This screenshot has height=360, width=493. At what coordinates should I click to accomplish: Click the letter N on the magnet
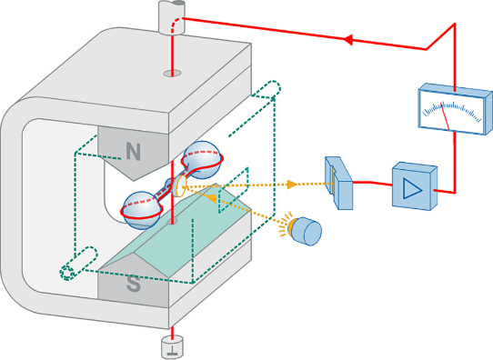[134, 151]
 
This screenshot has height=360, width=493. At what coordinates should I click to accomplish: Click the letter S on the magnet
[134, 283]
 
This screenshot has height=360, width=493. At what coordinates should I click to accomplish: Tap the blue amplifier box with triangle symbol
[415, 186]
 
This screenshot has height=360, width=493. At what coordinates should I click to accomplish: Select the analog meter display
[455, 109]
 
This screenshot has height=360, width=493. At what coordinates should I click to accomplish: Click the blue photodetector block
[338, 183]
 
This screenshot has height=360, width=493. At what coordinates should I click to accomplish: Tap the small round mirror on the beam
[180, 186]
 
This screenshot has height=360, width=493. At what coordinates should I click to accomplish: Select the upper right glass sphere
[203, 158]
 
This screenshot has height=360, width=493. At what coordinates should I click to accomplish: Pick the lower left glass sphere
[141, 210]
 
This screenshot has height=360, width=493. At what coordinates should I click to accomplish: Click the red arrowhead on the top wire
[347, 39]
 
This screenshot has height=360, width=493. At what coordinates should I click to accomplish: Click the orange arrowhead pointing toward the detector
[292, 184]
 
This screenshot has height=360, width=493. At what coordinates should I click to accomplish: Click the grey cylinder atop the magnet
[171, 17]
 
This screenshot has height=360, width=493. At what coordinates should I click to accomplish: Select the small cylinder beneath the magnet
[172, 346]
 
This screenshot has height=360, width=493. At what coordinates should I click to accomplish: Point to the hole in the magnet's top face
[172, 74]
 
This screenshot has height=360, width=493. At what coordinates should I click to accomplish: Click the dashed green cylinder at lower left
[78, 264]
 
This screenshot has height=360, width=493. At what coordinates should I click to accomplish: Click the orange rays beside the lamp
[284, 226]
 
